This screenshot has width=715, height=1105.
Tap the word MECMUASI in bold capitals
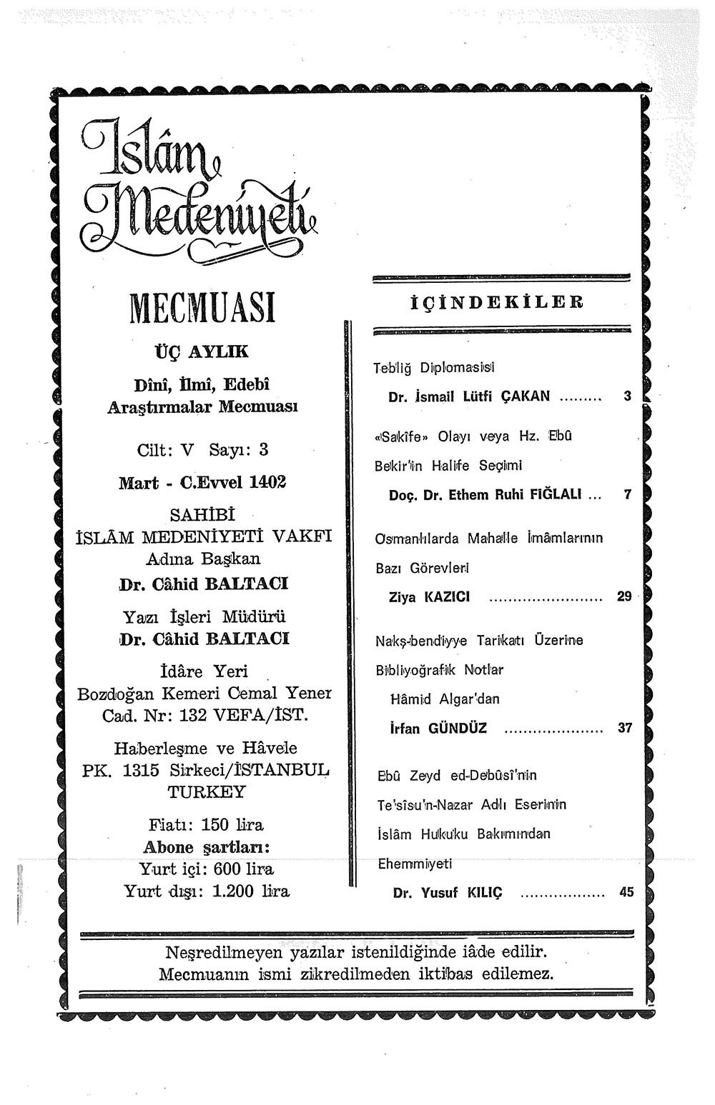pyautogui.click(x=202, y=308)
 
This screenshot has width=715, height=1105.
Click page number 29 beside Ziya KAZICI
pyautogui.click(x=624, y=596)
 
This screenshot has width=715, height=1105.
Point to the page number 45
pyautogui.click(x=626, y=891)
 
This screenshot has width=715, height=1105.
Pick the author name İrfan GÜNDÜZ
pyautogui.click(x=438, y=729)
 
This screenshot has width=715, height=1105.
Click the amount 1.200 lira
pyautogui.click(x=250, y=891)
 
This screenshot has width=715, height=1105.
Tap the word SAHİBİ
pyautogui.click(x=202, y=514)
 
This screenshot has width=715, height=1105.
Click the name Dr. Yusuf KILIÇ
pyautogui.click(x=448, y=892)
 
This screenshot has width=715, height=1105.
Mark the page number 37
pyautogui.click(x=625, y=729)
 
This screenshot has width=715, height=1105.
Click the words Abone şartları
pyautogui.click(x=206, y=847)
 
